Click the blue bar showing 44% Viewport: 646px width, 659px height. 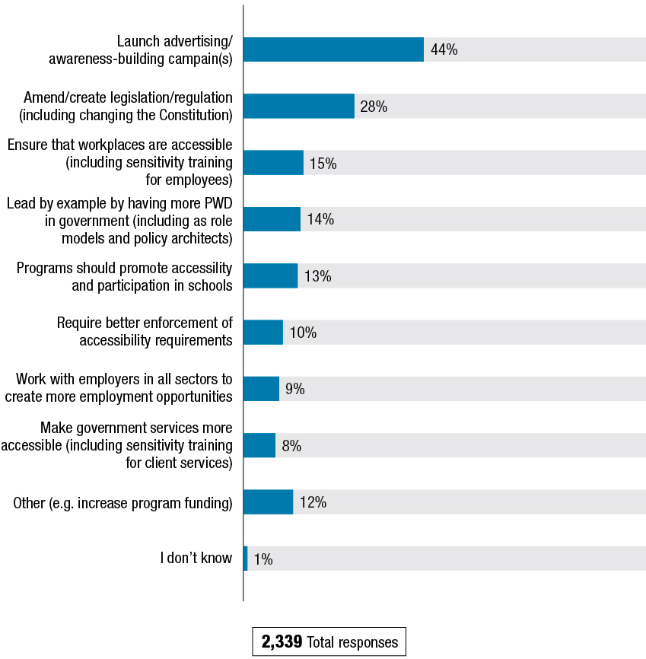point(333,49)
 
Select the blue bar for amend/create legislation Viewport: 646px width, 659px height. point(299,107)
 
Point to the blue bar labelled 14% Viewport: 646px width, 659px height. point(272,219)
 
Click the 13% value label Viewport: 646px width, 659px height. point(318,276)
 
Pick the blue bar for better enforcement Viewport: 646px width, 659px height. point(263,333)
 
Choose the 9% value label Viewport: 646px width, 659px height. point(295,389)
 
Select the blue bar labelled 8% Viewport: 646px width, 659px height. point(259,446)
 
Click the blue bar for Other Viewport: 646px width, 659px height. point(268,502)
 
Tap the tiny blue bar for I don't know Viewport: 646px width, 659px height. point(245,559)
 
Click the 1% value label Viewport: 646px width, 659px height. point(263,559)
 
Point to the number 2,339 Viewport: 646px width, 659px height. point(282,642)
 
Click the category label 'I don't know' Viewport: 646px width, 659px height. point(196,558)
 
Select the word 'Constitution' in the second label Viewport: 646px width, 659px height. point(194,115)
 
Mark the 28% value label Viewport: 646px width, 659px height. point(374,107)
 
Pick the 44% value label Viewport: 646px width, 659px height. point(444,50)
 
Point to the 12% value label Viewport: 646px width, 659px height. point(313,502)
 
